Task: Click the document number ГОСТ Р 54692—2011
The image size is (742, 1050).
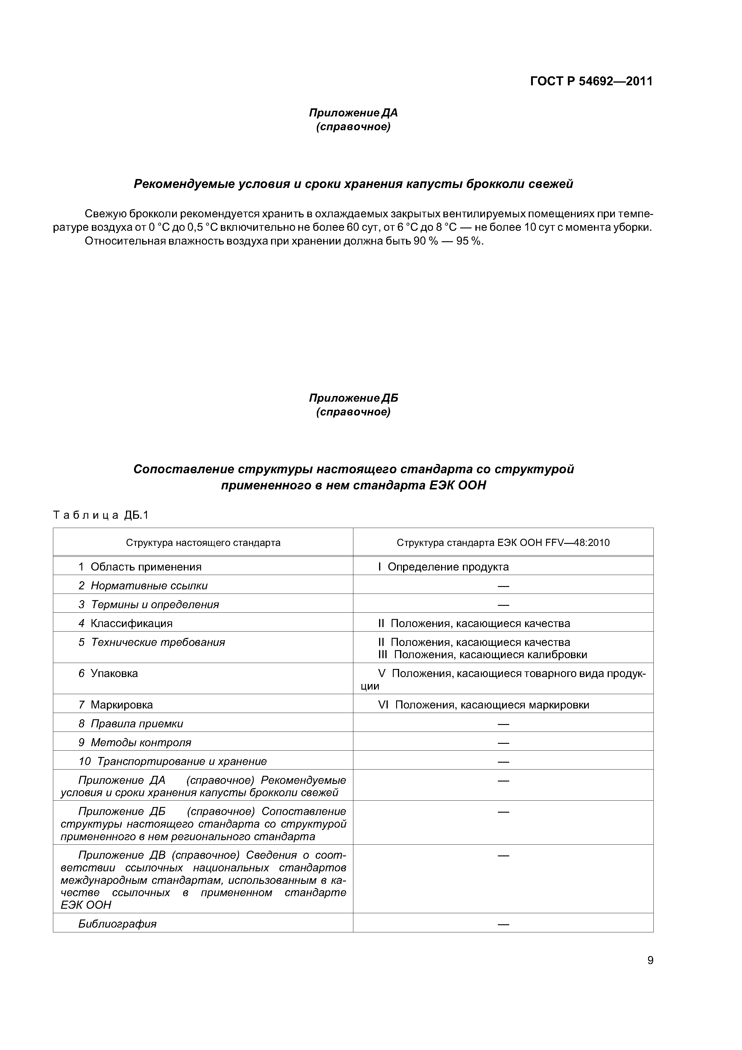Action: tap(591, 81)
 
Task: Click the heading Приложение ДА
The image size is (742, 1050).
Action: tap(353, 113)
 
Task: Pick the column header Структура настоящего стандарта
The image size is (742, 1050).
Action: tap(203, 543)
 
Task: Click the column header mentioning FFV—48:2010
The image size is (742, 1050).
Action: tap(503, 543)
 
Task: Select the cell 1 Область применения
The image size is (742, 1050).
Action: tap(140, 567)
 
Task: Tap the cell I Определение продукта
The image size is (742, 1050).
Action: tap(443, 567)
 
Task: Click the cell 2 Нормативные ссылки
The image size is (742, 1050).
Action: tap(143, 586)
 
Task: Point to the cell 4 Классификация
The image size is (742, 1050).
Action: tap(125, 623)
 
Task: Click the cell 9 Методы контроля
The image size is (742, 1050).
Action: tap(135, 742)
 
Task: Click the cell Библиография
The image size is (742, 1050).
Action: tap(118, 924)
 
